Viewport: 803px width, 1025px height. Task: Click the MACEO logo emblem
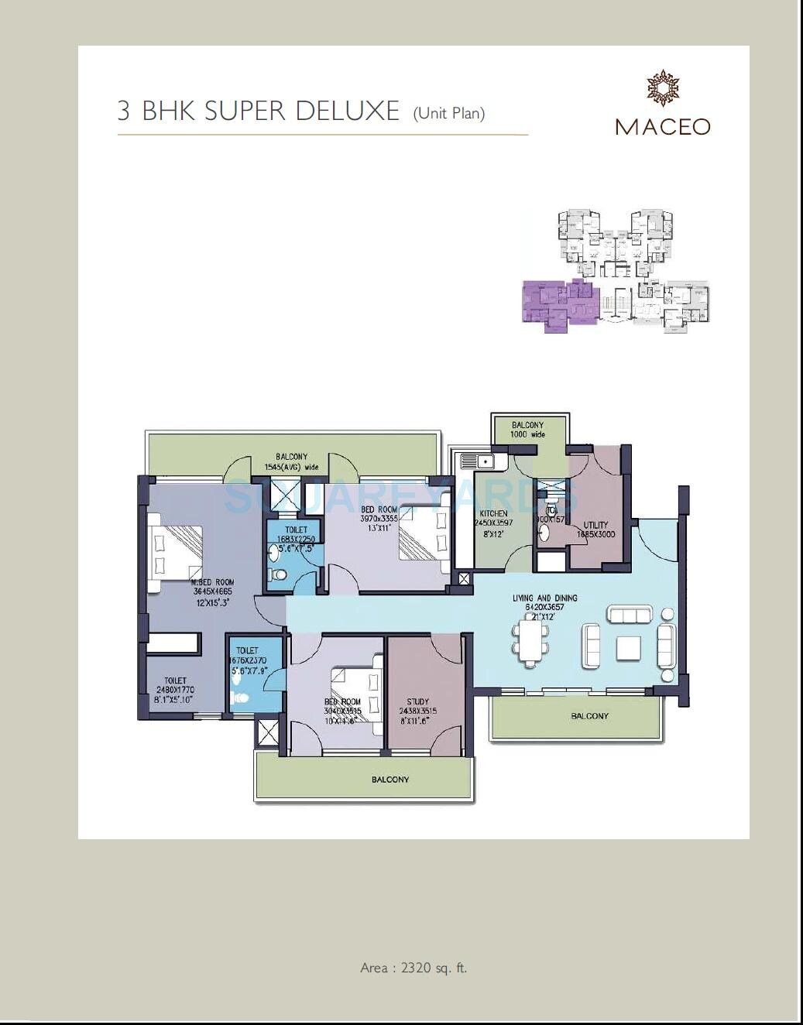663,87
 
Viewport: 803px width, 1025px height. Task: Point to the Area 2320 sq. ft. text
414,968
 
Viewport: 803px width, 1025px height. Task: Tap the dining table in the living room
530,642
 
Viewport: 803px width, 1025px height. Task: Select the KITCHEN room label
493,513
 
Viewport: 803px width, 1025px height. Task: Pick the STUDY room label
417,702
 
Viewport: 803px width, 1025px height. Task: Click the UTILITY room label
595,525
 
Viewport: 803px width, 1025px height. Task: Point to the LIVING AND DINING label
544,598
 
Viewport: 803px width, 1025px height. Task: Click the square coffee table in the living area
628,648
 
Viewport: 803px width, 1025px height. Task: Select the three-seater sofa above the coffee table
630,615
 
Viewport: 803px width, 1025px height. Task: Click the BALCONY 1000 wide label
527,430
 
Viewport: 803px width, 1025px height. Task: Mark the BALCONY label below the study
389,780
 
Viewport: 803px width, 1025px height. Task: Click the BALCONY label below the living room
589,716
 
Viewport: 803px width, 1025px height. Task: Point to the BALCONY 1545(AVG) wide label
291,462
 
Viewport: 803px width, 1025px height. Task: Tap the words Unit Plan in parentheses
449,113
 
